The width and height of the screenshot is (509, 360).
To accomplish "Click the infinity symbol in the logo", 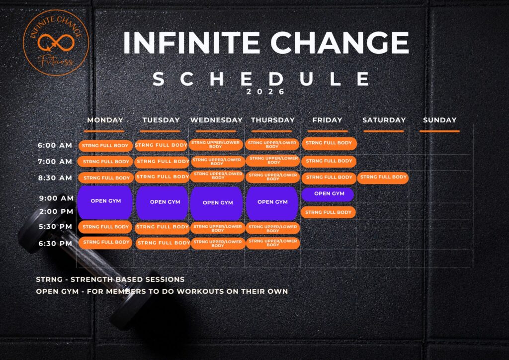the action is (56, 43).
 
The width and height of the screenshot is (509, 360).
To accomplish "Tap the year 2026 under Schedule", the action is (265, 92).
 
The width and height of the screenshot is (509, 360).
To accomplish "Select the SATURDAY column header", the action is (384, 120).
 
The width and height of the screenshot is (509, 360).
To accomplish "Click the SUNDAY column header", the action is (439, 120).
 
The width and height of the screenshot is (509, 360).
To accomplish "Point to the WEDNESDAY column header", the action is (217, 120).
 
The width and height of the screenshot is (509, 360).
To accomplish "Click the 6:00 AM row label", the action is (55, 145).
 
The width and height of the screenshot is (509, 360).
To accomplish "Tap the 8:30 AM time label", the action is (55, 178).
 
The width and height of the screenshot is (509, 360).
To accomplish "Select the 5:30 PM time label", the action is (55, 227).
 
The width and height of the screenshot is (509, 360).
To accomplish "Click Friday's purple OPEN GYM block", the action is (328, 194).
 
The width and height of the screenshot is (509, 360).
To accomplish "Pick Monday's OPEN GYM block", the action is (105, 202).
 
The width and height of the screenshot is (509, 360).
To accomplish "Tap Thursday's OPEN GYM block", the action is (272, 202).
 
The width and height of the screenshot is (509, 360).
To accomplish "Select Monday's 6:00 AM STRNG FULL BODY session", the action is (105, 146).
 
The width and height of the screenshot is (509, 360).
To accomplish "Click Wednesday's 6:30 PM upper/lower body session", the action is (218, 244).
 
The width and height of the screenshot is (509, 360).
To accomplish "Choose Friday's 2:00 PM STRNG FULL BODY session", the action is (328, 212).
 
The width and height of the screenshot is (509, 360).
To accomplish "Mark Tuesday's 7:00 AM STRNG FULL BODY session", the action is (162, 162).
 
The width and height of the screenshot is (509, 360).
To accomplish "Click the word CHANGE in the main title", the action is (340, 43).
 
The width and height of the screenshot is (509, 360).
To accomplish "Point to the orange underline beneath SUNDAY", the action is (439, 131).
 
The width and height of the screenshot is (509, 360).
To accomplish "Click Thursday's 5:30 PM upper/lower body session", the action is (273, 228).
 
